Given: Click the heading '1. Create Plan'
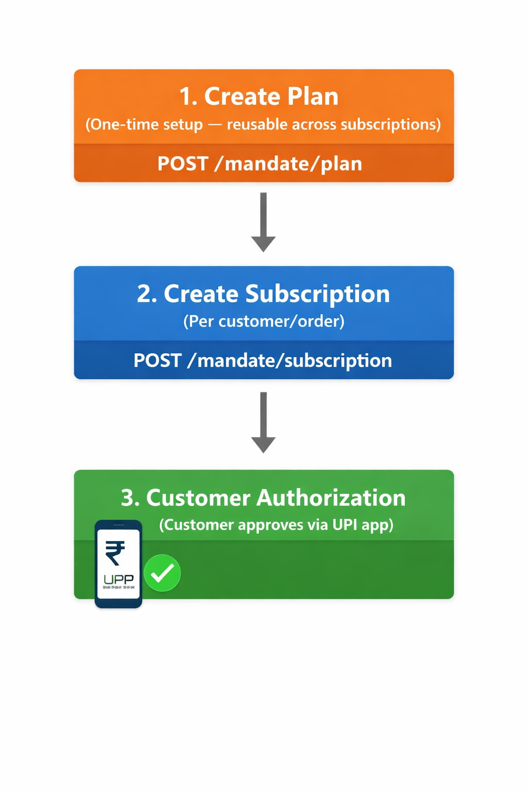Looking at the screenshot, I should tap(259, 97).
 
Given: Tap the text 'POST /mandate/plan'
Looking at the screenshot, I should tap(259, 164).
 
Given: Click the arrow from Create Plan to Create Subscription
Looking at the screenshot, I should tap(263, 222).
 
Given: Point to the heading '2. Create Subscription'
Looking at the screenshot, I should tap(263, 294).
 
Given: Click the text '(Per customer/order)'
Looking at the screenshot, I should tap(263, 321).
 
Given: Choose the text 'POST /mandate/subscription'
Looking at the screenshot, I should tap(262, 360).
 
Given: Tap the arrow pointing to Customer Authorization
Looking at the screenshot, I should tap(263, 422).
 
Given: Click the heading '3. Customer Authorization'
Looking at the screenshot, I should tap(263, 498).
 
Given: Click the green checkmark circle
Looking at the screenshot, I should tap(162, 573).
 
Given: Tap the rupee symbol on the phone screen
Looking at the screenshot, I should tap(115, 552).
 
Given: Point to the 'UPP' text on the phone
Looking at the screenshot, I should tap(119, 579).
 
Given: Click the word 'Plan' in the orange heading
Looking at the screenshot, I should tap(313, 97).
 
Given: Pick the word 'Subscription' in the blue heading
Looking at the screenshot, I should tap(318, 294).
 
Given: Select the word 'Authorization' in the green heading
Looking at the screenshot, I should tap(331, 498).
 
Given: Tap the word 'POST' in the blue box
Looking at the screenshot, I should tap(157, 360).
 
